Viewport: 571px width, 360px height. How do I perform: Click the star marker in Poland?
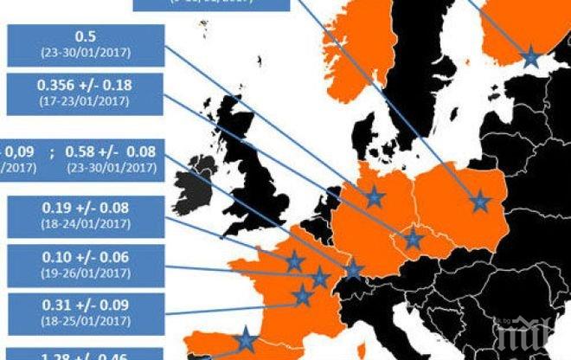point(480,202)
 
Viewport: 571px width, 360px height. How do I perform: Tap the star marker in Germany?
point(375,197)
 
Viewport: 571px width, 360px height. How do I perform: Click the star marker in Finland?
point(530,58)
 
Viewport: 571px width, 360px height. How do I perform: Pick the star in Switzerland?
point(353,270)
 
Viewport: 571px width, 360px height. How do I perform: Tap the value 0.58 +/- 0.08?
point(112,152)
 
